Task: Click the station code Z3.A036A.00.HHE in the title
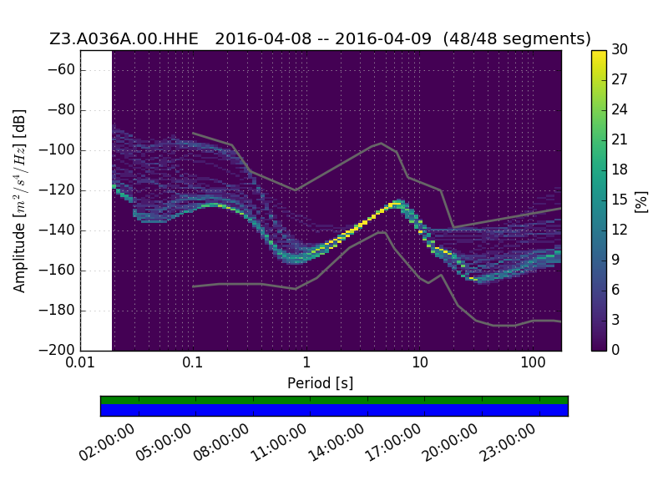[x=124, y=38]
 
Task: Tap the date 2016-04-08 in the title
[x=263, y=38]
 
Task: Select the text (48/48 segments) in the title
[x=517, y=39]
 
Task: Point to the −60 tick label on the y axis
[x=61, y=70]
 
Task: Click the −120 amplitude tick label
[x=58, y=190]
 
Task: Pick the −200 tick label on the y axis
[x=58, y=350]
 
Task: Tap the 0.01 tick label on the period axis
[x=80, y=363]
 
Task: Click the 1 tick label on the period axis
[x=306, y=363]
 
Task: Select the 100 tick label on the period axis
[x=533, y=363]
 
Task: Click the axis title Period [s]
[x=321, y=383]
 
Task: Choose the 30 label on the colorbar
[x=620, y=50]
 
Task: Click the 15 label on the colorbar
[x=620, y=200]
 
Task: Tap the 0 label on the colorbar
[x=615, y=350]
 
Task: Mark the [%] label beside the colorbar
[x=641, y=201]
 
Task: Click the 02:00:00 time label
[x=107, y=443]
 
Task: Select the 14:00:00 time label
[x=336, y=443]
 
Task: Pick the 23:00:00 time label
[x=507, y=443]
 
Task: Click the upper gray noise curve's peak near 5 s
[x=382, y=143]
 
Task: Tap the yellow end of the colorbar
[x=599, y=53]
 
